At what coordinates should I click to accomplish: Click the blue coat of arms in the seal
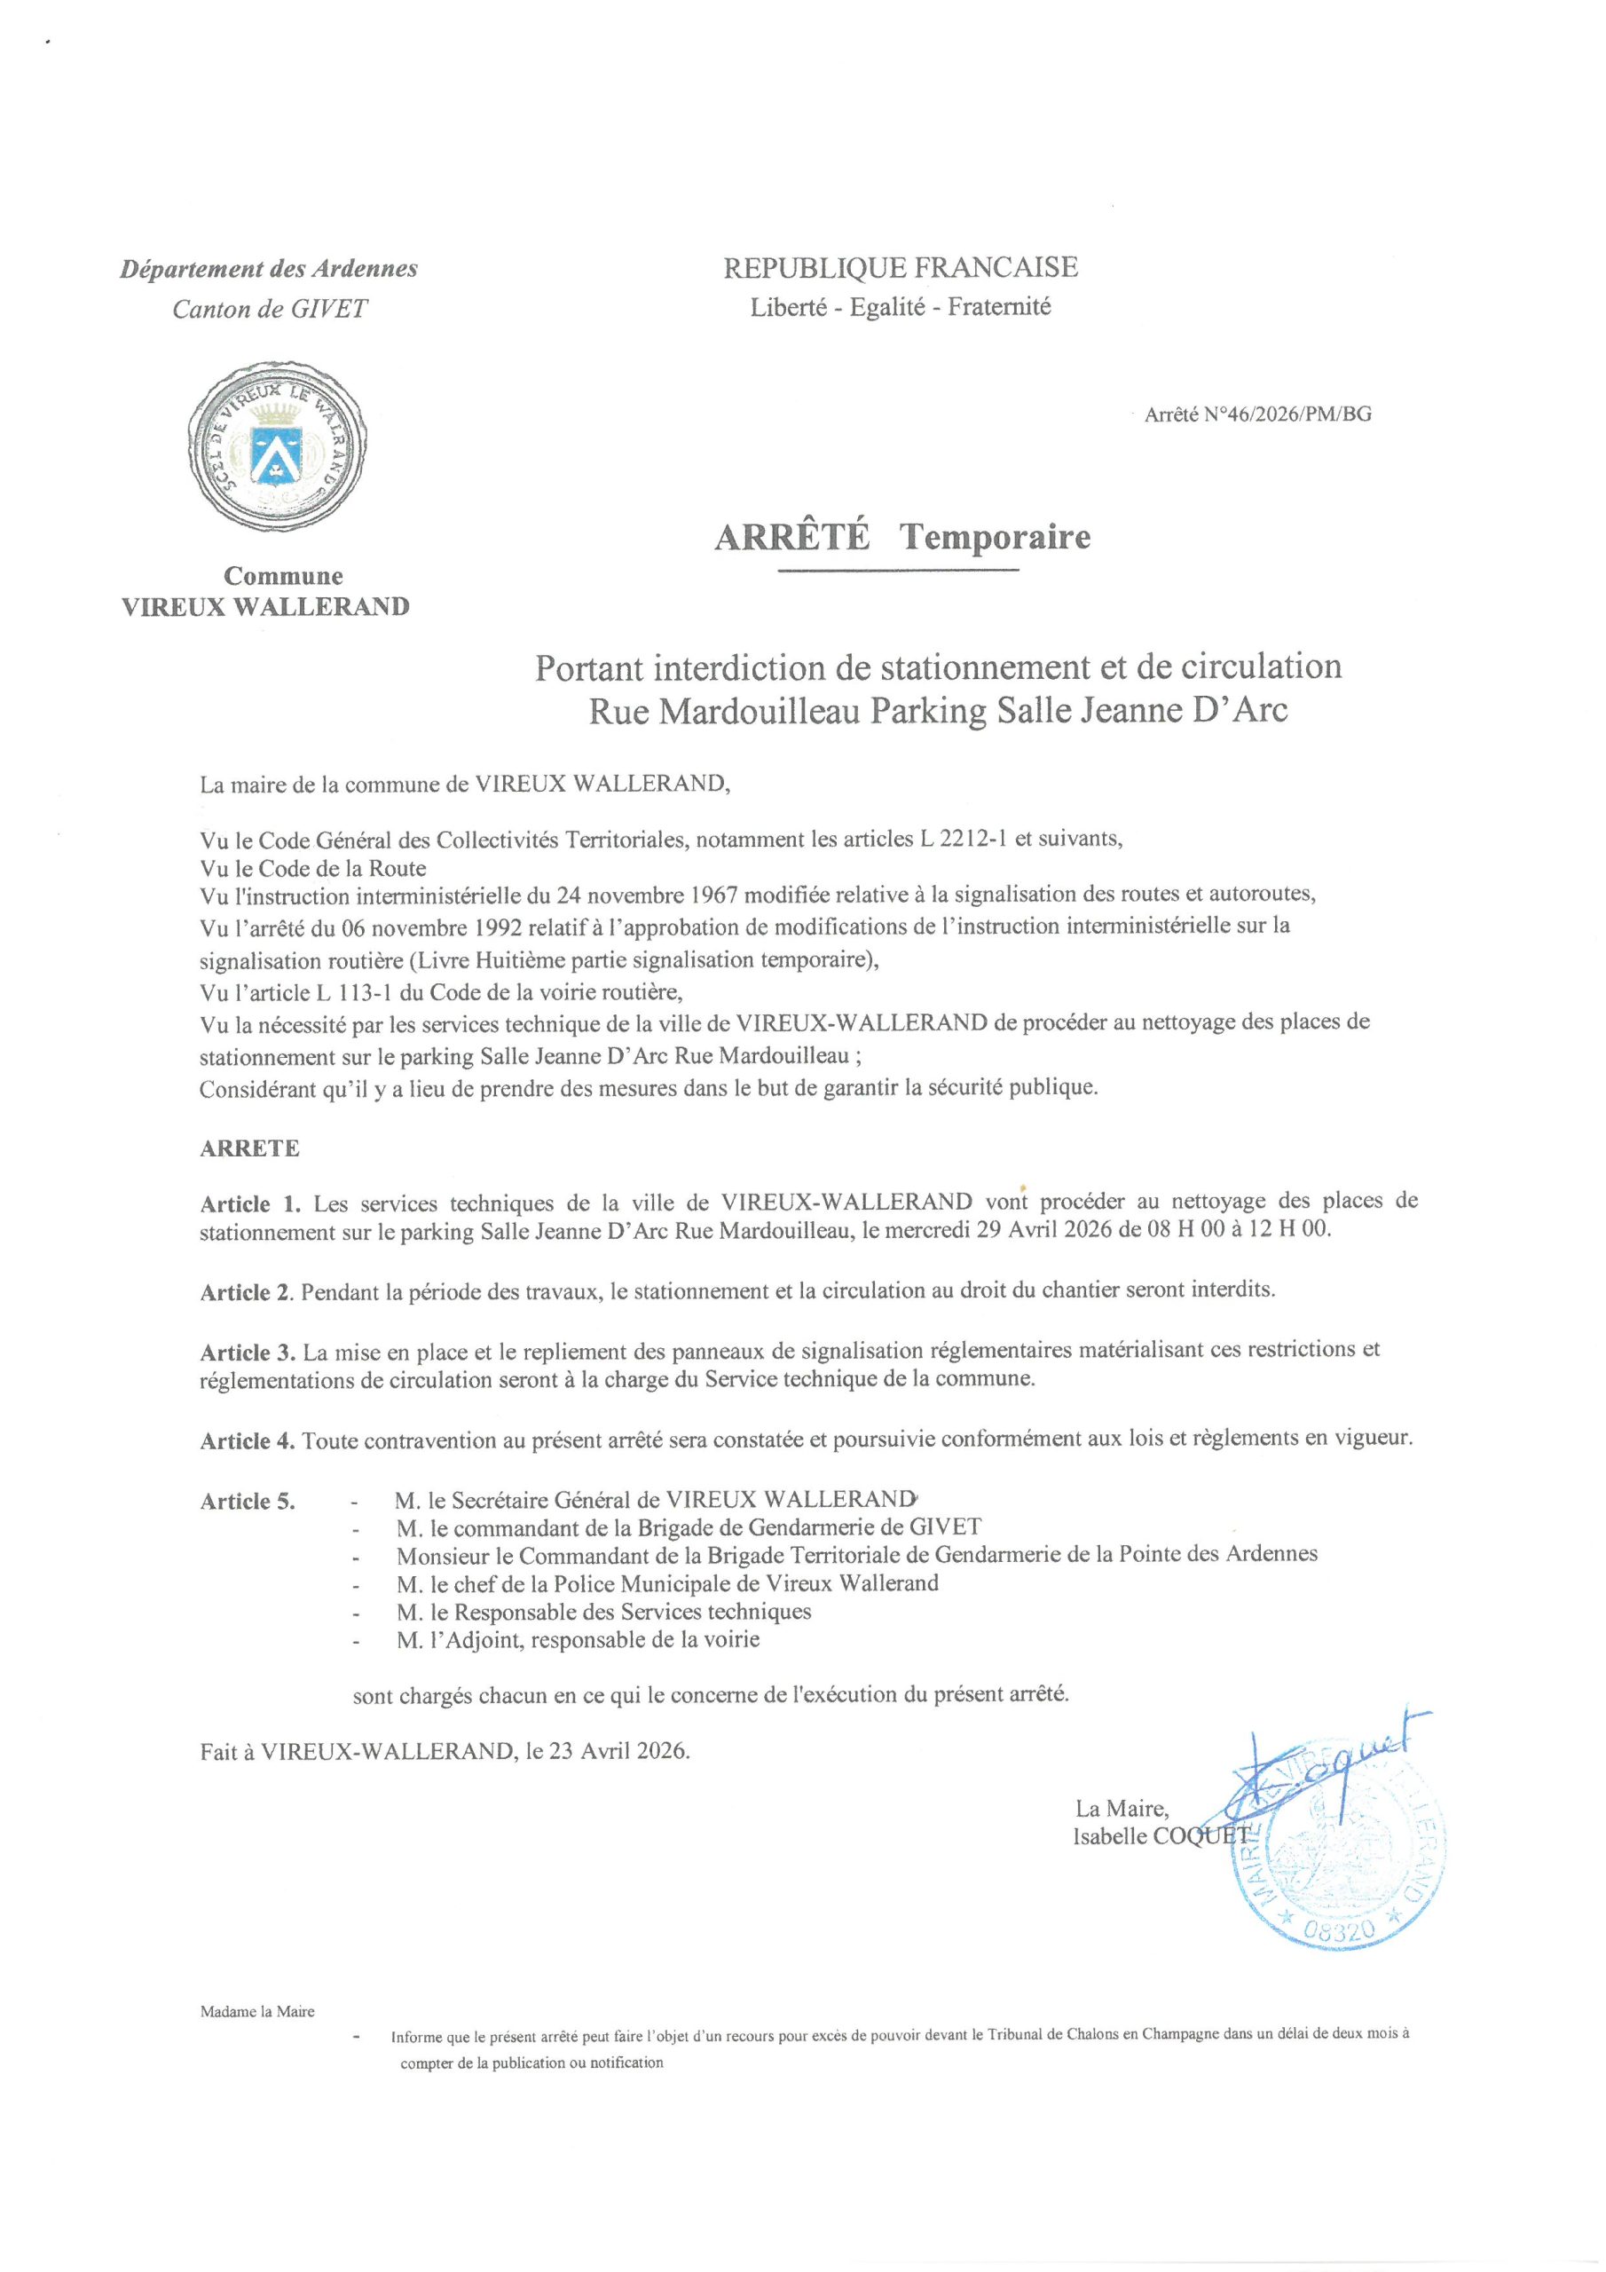point(274,454)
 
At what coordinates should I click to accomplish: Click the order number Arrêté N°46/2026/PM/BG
point(1257,414)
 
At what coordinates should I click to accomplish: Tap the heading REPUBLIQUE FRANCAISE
point(901,267)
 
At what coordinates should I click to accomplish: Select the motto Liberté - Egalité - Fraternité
point(901,307)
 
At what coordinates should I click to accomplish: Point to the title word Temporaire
point(995,536)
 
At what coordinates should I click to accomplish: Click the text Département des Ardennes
point(269,268)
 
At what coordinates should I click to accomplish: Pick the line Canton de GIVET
point(269,309)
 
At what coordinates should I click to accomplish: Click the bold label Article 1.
point(249,1204)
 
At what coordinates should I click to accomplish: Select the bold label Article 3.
point(248,1352)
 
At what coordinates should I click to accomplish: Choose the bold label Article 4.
point(248,1440)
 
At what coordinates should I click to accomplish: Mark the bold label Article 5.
point(248,1501)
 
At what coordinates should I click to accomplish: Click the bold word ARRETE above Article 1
point(249,1148)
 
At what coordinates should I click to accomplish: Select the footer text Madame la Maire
point(257,2011)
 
